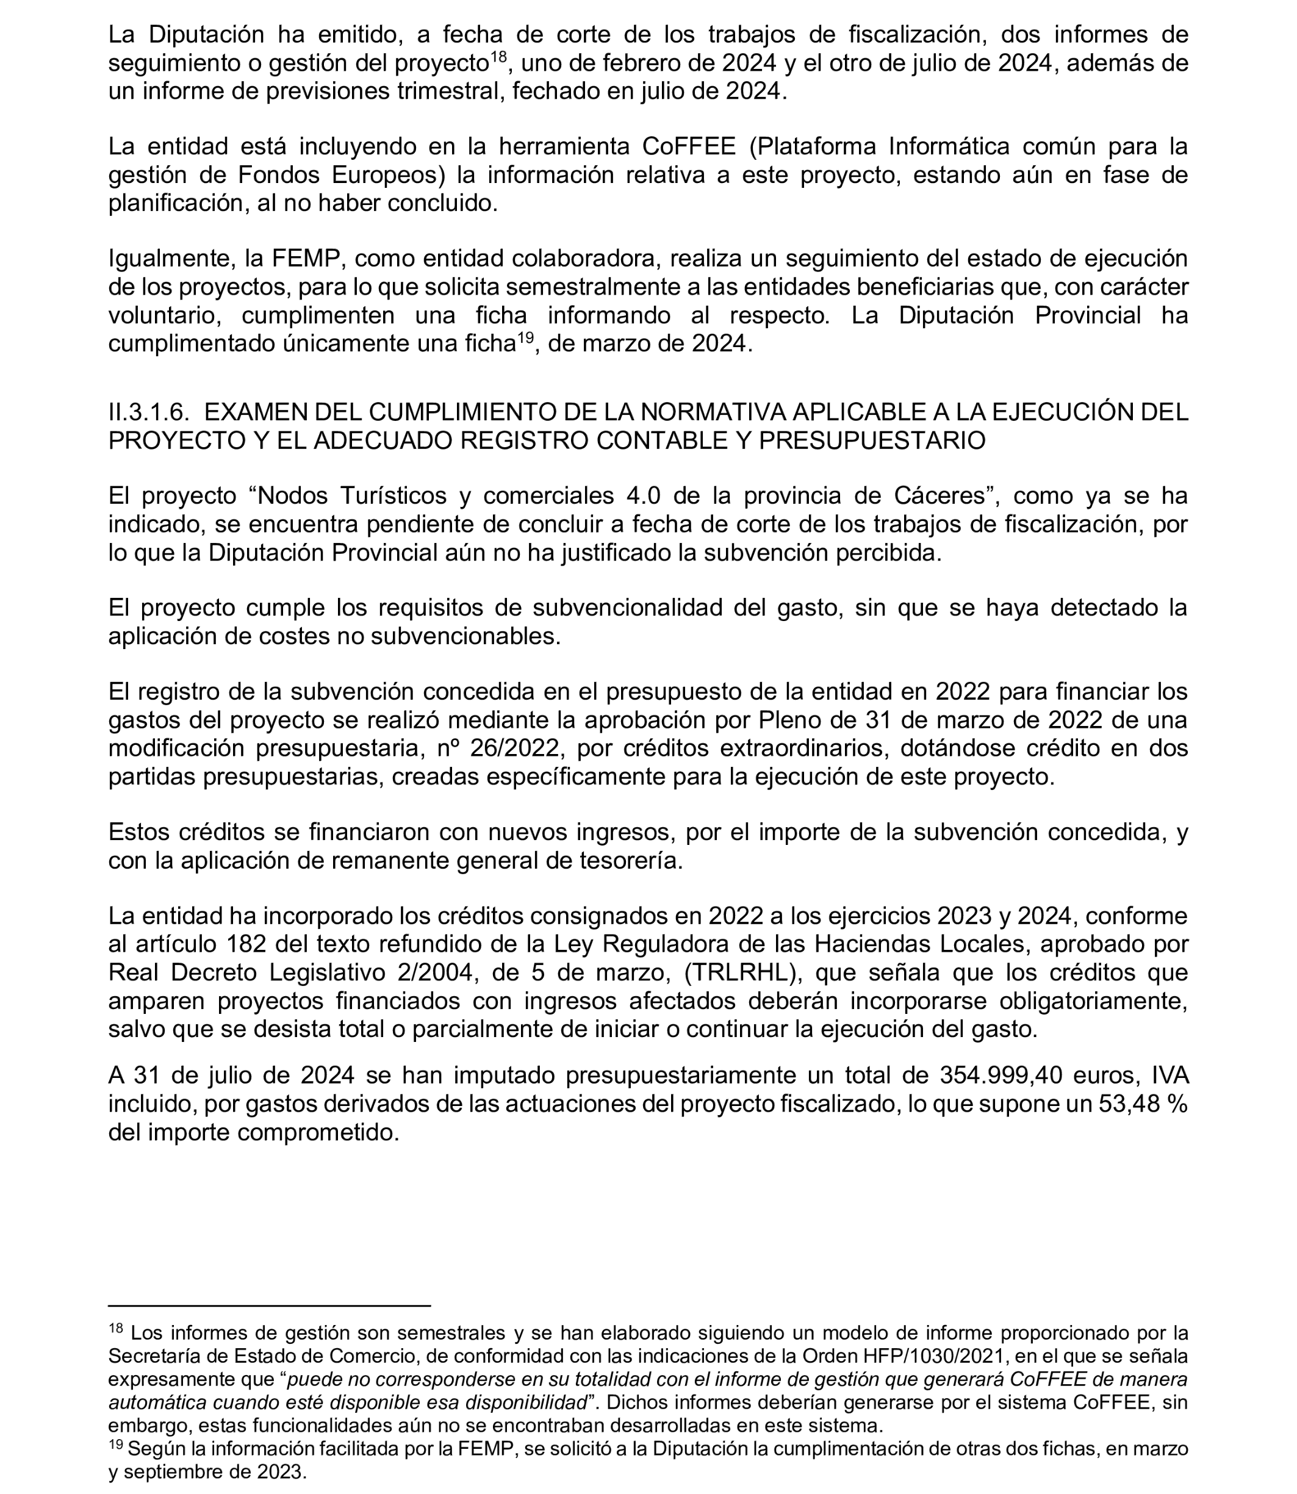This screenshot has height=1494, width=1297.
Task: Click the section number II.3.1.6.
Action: click(x=148, y=412)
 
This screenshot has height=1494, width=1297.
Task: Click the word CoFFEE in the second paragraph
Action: click(x=688, y=147)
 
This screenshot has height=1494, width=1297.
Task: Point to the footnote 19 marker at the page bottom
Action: click(x=116, y=1446)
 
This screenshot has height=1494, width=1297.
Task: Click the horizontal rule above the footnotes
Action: click(x=269, y=1306)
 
